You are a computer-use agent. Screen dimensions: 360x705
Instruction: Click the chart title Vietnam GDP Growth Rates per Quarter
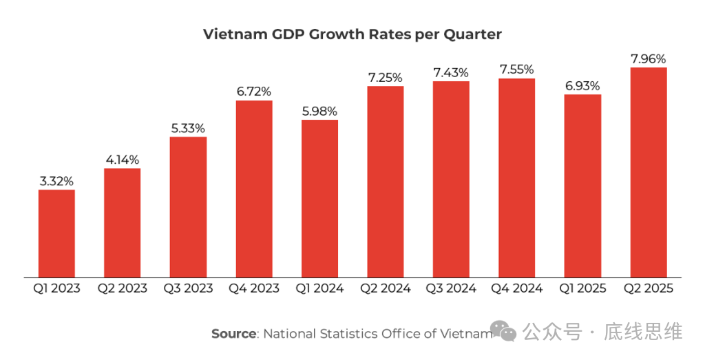[352, 34]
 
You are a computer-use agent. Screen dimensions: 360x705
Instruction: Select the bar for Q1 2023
[56, 233]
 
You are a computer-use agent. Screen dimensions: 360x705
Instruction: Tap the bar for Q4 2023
[254, 189]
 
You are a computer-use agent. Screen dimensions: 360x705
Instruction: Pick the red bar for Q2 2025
[649, 172]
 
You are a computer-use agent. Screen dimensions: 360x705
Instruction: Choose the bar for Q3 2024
[451, 179]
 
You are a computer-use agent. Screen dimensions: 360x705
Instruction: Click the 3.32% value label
[56, 181]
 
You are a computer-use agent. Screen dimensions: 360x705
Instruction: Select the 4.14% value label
[123, 159]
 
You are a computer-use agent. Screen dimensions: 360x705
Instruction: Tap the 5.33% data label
[188, 128]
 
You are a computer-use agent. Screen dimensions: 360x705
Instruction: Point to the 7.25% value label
[385, 77]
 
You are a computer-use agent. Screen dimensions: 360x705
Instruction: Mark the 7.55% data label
[517, 69]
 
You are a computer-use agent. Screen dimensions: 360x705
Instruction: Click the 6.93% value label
[582, 85]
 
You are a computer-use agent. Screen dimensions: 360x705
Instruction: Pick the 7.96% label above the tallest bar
[649, 59]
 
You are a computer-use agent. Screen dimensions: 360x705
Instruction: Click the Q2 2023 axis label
[123, 288]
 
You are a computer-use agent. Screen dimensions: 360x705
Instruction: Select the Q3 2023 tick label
[188, 288]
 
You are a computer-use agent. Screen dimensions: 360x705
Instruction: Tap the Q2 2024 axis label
[385, 288]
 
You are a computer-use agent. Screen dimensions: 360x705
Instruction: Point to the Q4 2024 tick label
[517, 288]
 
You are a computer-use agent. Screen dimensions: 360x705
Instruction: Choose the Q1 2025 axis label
[582, 288]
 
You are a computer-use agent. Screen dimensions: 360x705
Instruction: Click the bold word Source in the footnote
[233, 334]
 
